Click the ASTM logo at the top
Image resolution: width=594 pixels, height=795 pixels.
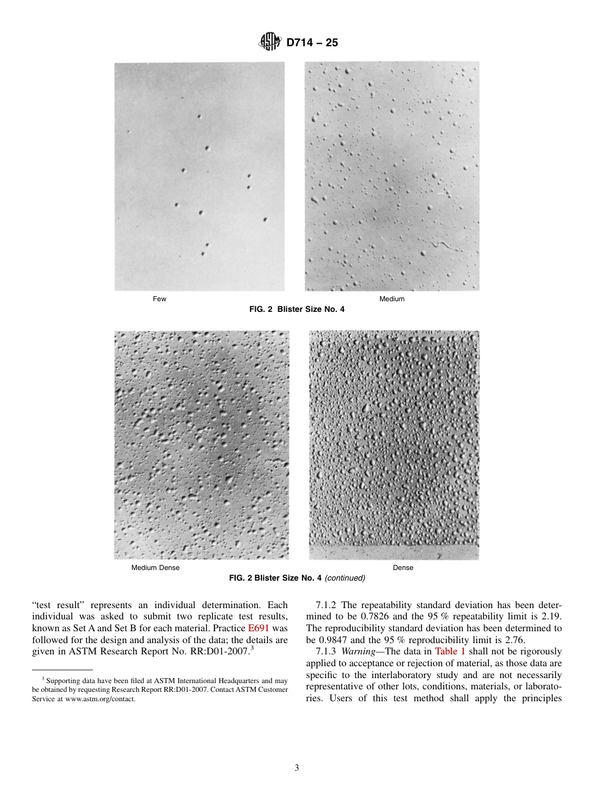pyautogui.click(x=269, y=42)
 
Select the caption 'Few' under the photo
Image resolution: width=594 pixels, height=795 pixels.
pyautogui.click(x=160, y=299)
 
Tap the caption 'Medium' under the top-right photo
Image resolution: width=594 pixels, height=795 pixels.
pyautogui.click(x=392, y=299)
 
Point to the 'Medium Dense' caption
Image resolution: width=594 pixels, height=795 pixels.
pyautogui.click(x=155, y=567)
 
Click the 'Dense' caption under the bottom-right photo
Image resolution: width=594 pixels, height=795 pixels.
pyautogui.click(x=403, y=567)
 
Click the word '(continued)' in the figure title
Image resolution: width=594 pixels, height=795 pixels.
pyautogui.click(x=345, y=578)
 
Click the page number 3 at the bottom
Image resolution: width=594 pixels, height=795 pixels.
pyautogui.click(x=297, y=768)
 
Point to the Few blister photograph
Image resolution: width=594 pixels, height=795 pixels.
pyautogui.click(x=199, y=176)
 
